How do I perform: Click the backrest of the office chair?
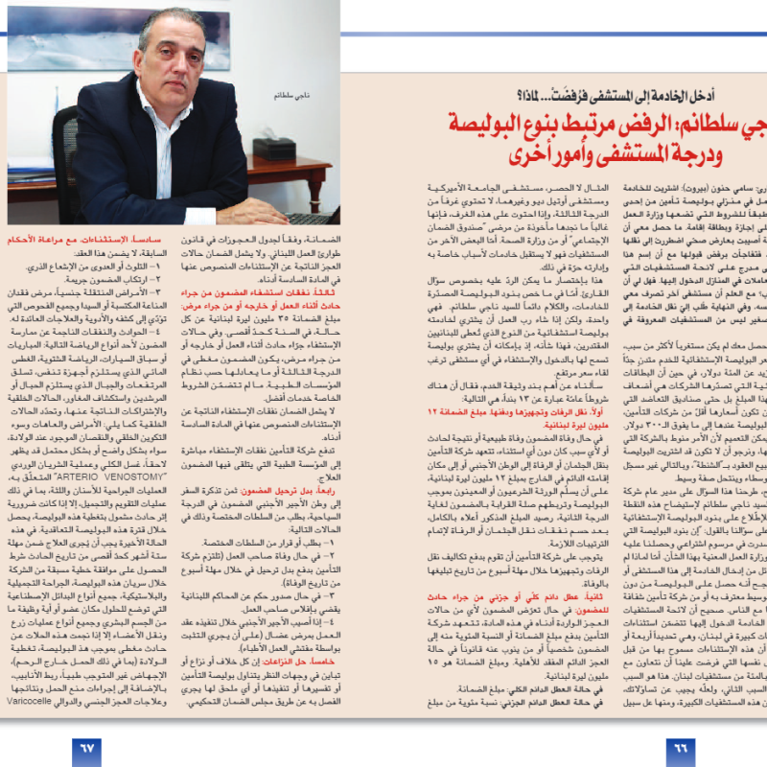click(x=67, y=144)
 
